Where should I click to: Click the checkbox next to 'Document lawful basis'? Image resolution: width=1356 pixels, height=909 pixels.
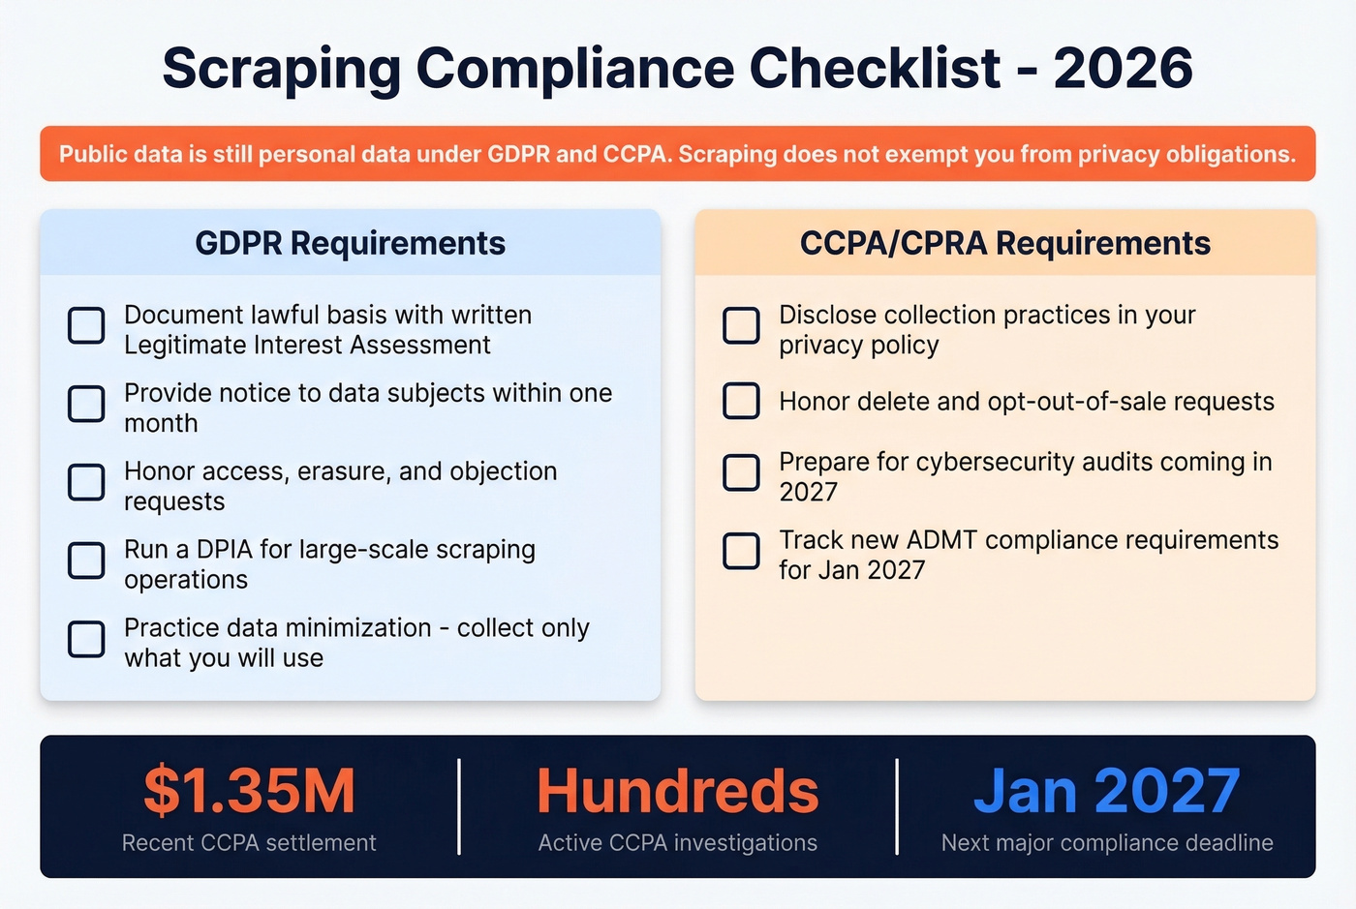pos(86,326)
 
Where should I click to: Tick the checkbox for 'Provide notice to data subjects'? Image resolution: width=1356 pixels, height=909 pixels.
pos(86,404)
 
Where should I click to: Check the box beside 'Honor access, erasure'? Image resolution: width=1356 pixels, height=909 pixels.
pos(86,482)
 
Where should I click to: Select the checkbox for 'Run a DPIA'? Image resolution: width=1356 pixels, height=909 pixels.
pos(86,561)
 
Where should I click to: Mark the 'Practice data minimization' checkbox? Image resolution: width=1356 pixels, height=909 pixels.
pos(86,639)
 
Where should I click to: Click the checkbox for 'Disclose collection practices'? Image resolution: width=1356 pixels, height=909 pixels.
pos(741,326)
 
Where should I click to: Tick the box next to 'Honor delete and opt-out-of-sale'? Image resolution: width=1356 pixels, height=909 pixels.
pos(741,401)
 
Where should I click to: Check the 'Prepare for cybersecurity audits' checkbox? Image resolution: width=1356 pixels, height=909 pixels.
pos(741,472)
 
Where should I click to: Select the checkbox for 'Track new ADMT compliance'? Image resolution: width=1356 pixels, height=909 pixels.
pos(741,551)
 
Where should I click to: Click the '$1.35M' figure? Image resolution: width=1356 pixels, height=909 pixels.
pos(250,791)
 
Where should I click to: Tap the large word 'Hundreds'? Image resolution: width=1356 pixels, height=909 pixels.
pos(677,791)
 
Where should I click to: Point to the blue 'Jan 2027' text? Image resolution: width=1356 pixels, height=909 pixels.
pos(1106,791)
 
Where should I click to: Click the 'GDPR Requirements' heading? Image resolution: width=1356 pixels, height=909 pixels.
pos(350,243)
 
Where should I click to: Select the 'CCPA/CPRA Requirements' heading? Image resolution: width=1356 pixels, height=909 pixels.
pos(1004,243)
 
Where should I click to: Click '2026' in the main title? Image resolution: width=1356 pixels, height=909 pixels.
pos(1123,68)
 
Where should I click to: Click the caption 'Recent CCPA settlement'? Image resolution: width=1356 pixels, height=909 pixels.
pos(249,843)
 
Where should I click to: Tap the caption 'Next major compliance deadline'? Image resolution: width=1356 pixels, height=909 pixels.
pos(1107,843)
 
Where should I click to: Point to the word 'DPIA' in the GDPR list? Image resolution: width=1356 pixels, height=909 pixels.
pos(225,549)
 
